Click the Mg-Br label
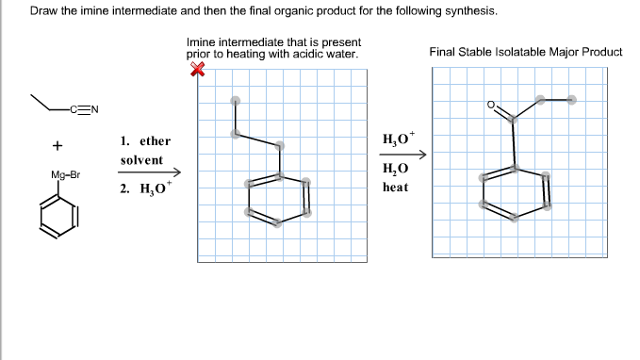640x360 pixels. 66,175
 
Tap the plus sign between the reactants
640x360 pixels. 58,146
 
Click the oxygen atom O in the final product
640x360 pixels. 491,105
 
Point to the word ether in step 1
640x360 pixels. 155,141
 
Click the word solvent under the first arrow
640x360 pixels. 141,160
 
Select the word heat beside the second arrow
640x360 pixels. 395,187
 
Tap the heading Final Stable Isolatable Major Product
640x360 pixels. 525,52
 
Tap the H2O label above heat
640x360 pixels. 395,170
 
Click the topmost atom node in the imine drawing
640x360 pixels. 236,101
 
